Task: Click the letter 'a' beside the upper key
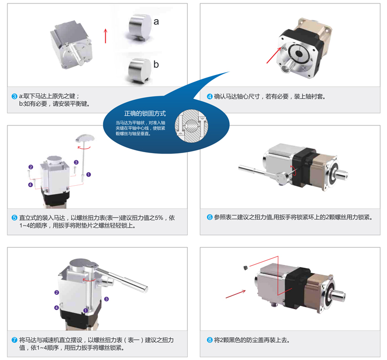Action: (x=156, y=22)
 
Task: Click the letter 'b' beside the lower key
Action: (x=156, y=64)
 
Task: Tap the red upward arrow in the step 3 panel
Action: (x=105, y=36)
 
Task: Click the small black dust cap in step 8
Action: (x=245, y=268)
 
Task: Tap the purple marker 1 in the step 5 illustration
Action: (x=88, y=174)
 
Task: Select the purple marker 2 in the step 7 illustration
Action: (x=57, y=292)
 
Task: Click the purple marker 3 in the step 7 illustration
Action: (x=106, y=299)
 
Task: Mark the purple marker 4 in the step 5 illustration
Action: (x=31, y=185)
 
